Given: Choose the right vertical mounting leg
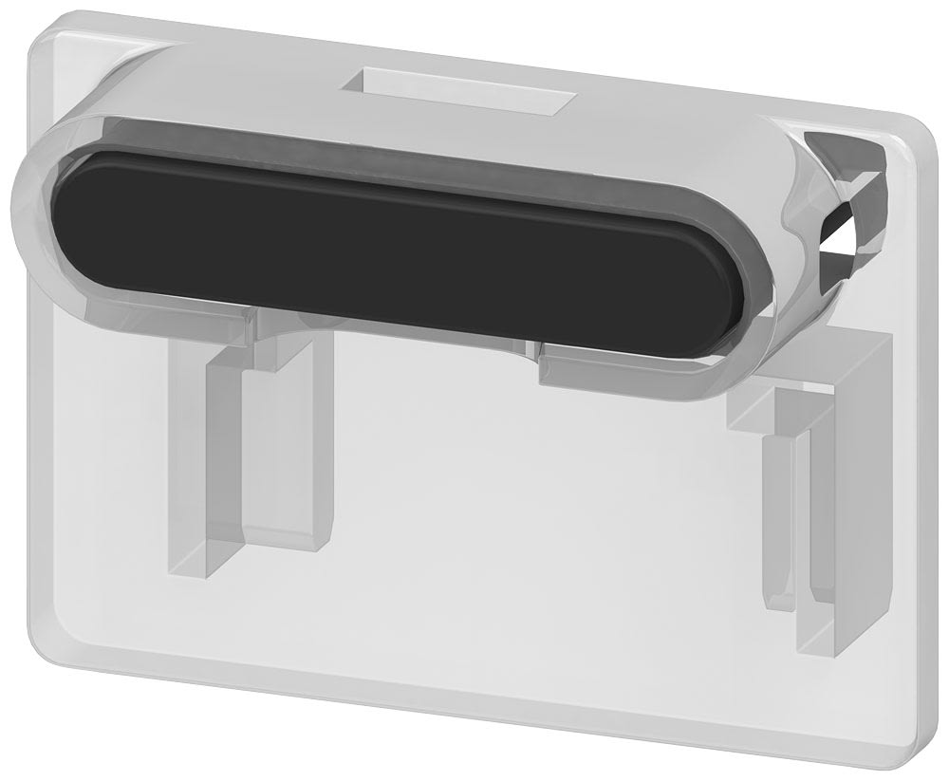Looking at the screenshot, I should click(802, 512).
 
